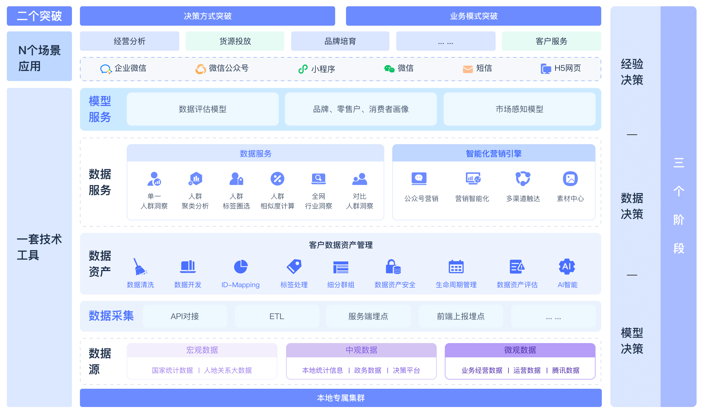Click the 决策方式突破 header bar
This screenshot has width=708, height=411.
point(208,16)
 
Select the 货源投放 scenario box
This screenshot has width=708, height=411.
point(235,41)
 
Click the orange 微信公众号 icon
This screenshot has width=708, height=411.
point(201,69)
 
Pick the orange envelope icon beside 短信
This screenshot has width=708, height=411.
point(468,69)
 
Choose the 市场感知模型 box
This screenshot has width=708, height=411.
point(520,109)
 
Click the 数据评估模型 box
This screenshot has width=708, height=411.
point(203,109)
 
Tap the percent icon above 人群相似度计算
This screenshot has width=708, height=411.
point(277,179)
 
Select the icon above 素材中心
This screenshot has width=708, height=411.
point(570,179)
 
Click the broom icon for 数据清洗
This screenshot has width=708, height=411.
point(140,267)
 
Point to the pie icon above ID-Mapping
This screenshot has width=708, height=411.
point(241,267)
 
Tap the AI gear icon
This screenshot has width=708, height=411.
point(567,267)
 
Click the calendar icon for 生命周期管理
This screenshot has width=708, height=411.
point(456,267)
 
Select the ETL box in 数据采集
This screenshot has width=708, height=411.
point(277,316)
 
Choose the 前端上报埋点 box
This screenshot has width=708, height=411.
point(461,316)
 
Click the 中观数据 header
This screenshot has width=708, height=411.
point(361,350)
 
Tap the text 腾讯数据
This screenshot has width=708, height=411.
point(566,370)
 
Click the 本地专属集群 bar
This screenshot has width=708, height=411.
point(341,398)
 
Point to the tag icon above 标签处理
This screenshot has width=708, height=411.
point(294,267)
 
